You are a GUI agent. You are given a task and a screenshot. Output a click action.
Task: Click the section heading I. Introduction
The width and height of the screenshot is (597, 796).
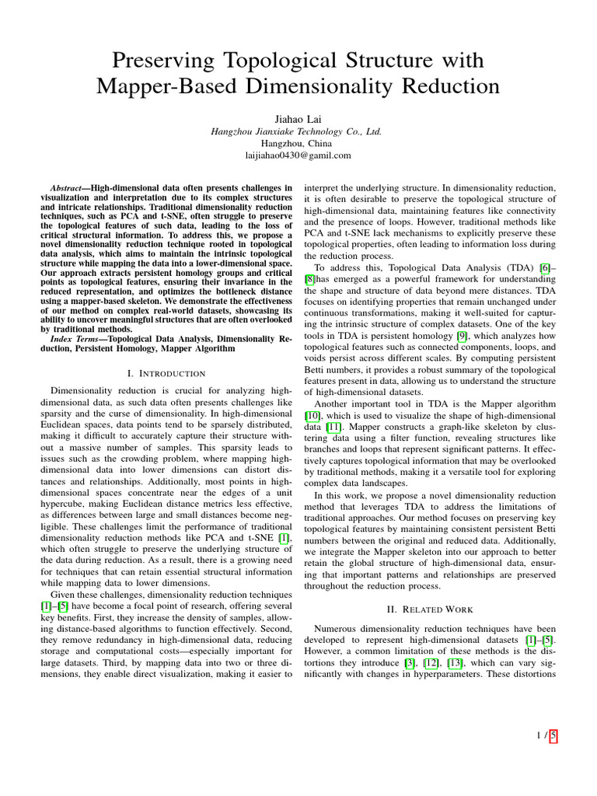coord(166,373)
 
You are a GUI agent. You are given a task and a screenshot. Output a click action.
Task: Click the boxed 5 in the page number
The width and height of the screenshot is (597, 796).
coord(553,735)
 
